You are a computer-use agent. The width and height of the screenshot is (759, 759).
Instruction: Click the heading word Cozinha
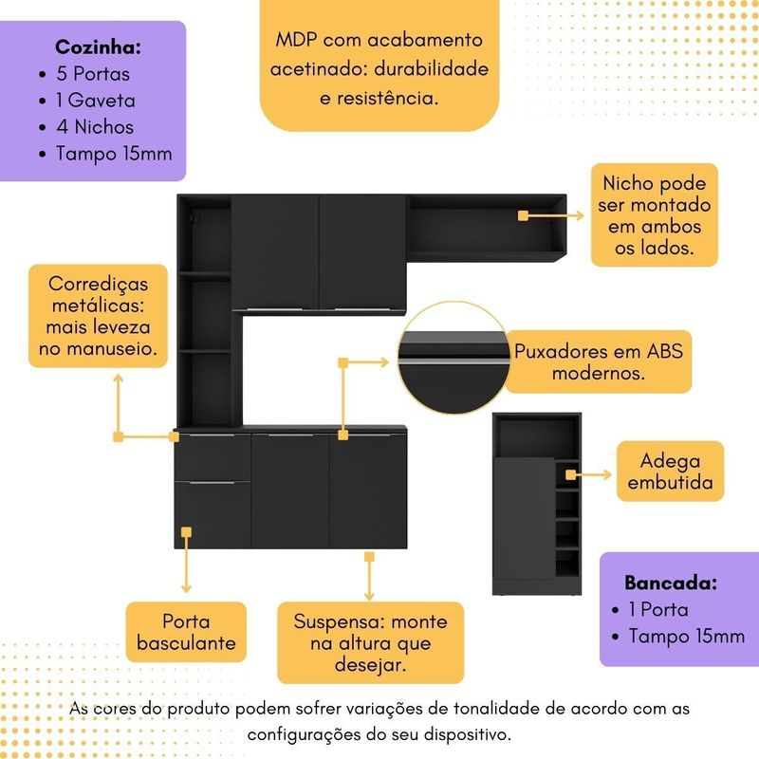[x=98, y=47]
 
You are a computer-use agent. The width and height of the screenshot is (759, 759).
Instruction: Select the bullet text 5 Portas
[x=93, y=73]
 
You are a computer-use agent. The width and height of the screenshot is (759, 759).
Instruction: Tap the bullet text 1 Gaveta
[x=96, y=100]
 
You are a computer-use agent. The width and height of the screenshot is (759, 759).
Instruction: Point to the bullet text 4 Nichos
[x=96, y=126]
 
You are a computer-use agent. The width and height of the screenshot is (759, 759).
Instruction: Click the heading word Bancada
[x=670, y=583]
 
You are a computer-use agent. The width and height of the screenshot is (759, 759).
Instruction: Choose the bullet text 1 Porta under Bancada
[x=657, y=610]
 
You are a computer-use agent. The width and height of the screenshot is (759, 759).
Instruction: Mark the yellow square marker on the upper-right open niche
[x=523, y=216]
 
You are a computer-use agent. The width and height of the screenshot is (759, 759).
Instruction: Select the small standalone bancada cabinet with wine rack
[x=536, y=503]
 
